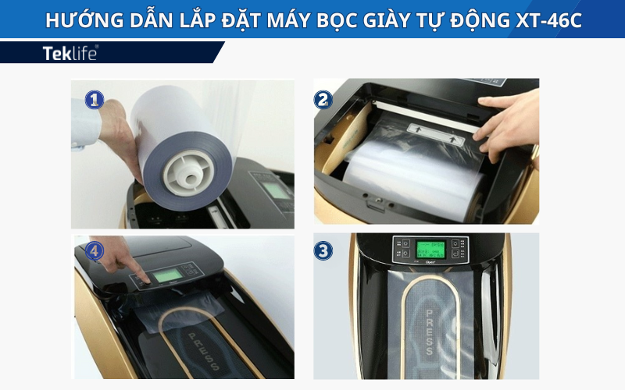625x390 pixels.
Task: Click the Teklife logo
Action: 70,53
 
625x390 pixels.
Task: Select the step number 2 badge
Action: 323,99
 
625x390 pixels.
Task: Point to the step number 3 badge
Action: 323,251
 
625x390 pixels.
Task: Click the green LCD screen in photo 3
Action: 430,250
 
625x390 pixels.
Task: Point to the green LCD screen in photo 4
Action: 166,278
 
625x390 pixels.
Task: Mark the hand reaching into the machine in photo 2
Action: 507,125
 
